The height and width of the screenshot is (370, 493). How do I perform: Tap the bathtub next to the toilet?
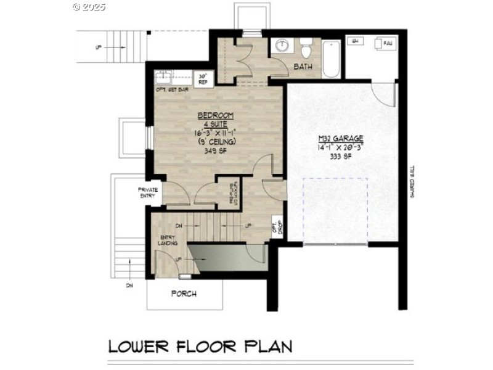[x=330, y=59]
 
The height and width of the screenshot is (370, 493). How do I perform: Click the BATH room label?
[x=304, y=67]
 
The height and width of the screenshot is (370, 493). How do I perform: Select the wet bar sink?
[x=164, y=76]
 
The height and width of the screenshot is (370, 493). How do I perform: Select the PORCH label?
[x=184, y=294]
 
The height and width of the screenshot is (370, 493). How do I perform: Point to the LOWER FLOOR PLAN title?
[x=200, y=345]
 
